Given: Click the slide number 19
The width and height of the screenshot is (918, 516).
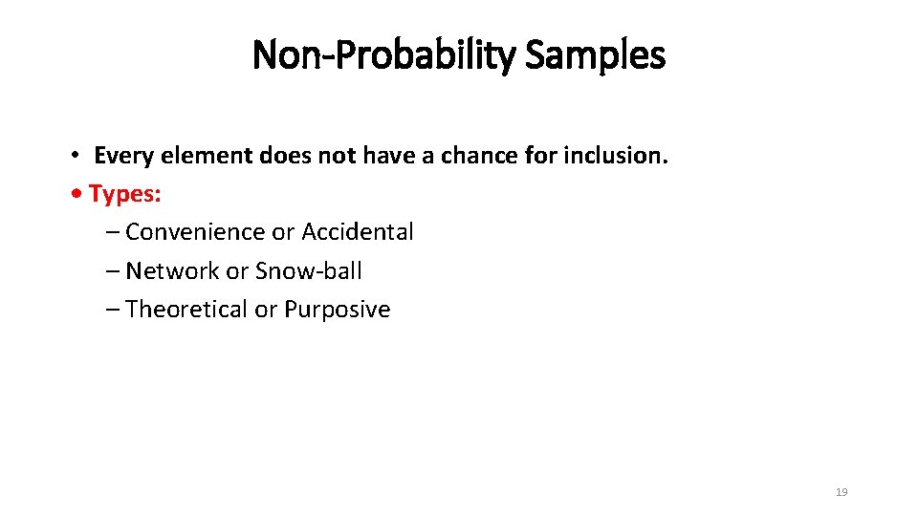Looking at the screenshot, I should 841,492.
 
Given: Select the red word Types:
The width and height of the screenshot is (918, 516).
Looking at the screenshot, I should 125,194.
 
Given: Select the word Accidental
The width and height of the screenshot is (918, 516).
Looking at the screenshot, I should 358,232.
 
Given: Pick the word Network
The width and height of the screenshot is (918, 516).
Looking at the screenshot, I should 172,271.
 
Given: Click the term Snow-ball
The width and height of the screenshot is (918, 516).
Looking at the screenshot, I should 309,271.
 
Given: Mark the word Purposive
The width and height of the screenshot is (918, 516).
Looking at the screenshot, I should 338,310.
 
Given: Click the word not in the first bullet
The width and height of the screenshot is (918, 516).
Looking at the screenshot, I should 334,156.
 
